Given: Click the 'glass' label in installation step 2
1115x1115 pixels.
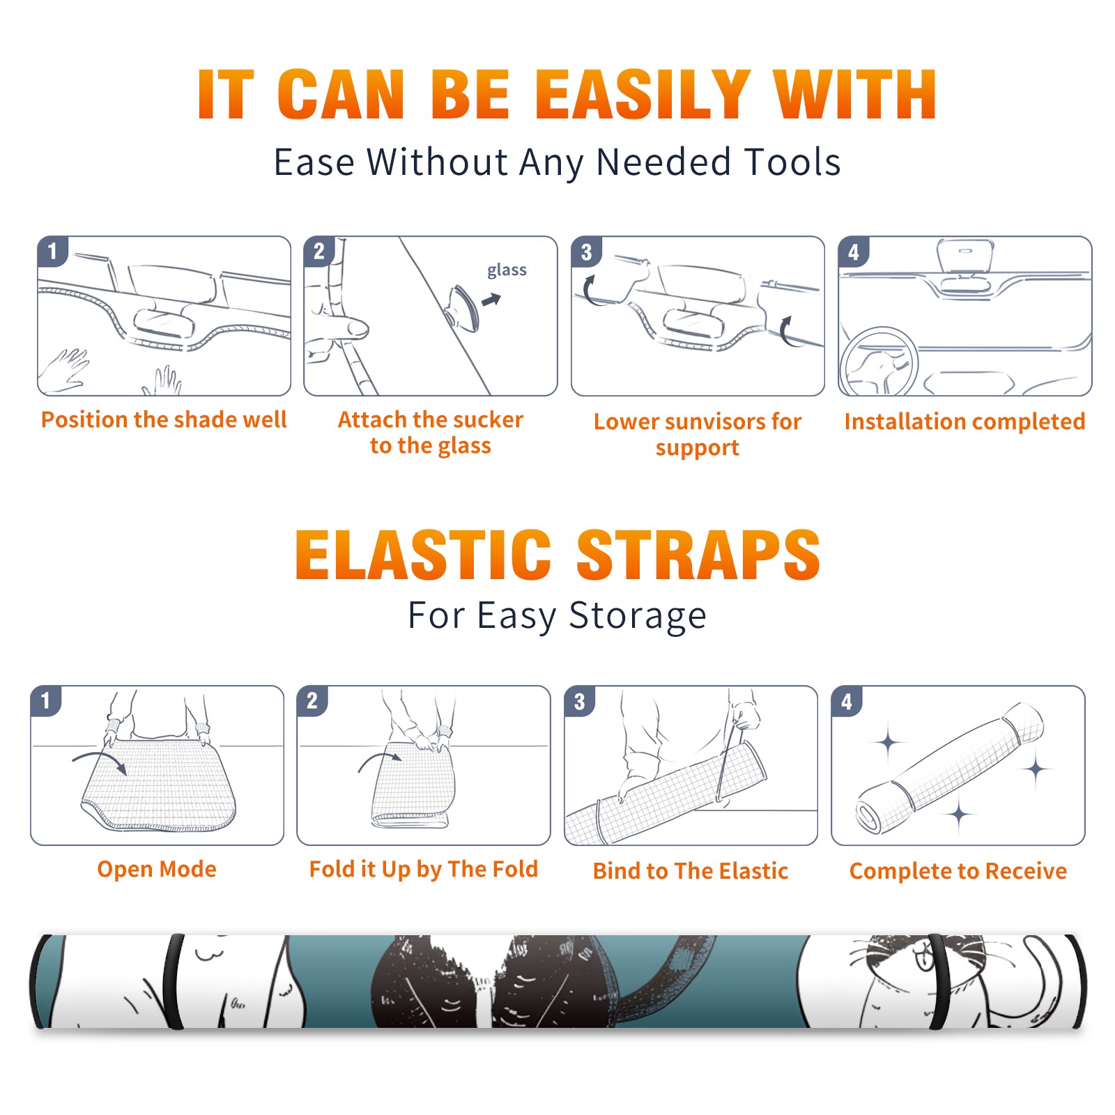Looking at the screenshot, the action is tap(507, 270).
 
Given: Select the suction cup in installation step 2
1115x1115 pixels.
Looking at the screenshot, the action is tap(463, 307).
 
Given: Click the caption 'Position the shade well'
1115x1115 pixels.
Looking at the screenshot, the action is tap(164, 420).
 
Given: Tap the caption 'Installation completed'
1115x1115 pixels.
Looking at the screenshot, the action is tap(964, 422).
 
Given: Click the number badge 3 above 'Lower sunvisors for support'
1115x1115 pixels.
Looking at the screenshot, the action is tap(587, 252).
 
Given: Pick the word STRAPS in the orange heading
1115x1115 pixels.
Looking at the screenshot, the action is tap(698, 555).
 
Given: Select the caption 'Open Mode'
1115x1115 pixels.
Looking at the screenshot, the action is tap(157, 869).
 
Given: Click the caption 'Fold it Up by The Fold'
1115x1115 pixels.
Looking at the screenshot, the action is tap(424, 869).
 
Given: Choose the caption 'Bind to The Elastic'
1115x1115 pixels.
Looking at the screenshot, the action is tap(691, 871).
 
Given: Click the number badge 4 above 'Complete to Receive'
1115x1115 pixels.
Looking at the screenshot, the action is tap(847, 701).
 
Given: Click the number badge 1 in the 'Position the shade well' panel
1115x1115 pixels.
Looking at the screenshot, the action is tap(52, 251).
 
